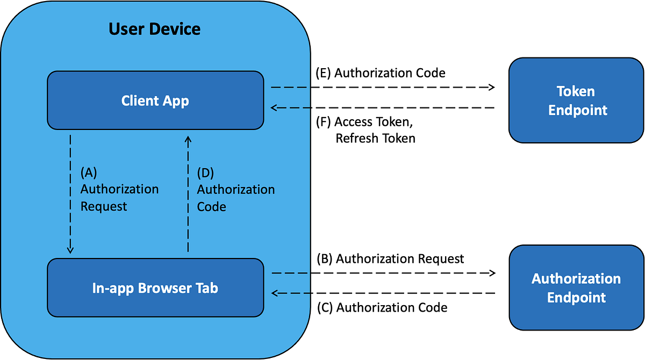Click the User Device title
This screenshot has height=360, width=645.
154,28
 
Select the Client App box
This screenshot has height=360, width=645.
155,100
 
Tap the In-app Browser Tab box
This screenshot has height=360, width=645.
155,288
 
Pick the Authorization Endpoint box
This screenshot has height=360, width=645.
576,287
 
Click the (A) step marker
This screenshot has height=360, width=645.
89,172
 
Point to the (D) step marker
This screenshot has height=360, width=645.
205,172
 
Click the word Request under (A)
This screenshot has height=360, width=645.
104,206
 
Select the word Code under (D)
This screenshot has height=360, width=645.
211,206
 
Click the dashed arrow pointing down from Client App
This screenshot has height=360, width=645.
70,193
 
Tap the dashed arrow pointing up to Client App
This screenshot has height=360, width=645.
188,193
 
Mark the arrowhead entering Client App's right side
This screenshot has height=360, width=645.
274,107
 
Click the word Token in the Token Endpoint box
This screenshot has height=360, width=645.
576,91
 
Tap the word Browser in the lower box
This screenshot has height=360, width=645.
164,288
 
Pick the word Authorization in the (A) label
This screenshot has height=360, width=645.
119,189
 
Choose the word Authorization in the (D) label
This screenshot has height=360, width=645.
235,189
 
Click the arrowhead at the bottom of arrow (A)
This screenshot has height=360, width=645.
70,250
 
